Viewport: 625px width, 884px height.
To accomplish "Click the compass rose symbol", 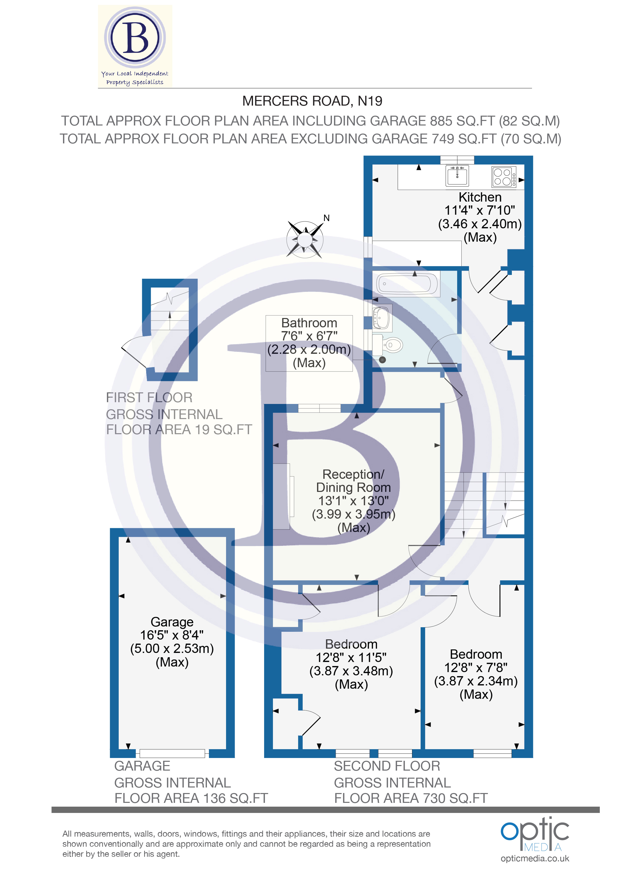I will click(x=305, y=239).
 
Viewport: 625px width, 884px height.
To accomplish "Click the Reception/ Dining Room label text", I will click(x=353, y=481).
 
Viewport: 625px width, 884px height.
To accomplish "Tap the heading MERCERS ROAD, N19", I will click(x=312, y=101).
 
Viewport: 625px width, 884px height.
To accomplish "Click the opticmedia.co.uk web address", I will click(x=535, y=858).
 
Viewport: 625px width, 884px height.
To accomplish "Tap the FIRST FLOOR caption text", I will click(x=149, y=397).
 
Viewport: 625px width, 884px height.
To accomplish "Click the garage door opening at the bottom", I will click(x=172, y=753).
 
